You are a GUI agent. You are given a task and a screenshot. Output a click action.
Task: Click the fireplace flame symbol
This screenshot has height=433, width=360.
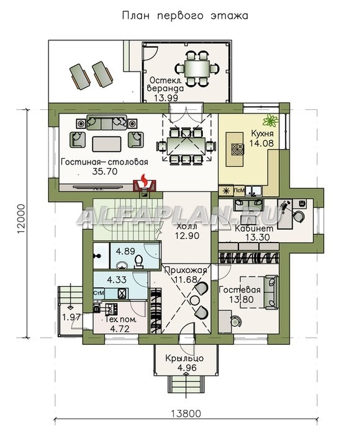coord(143,179)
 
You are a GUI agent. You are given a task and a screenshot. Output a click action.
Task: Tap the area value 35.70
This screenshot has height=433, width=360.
coord(105,171)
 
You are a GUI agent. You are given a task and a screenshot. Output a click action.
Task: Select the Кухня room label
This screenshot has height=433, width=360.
coord(262,133)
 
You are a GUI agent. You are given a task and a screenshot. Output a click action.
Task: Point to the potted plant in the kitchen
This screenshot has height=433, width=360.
coord(271,120)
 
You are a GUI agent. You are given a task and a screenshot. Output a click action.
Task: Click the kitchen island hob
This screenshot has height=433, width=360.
coord(237,150)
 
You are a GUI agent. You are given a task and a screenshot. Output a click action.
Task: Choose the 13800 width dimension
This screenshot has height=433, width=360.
coord(186,414)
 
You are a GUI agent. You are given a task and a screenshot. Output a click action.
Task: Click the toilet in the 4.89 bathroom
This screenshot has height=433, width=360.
coord(138,262)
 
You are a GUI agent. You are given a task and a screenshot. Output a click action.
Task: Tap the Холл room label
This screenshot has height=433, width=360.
coord(187,226)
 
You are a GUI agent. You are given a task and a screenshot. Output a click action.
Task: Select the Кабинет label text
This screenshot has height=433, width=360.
coord(254,228)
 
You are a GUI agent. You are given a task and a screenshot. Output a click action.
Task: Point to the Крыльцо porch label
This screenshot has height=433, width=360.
coord(184,359)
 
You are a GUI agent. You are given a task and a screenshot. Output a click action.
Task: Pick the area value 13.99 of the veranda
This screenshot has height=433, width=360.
coord(166,97)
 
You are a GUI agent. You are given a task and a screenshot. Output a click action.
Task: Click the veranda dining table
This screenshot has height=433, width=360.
coord(197,68)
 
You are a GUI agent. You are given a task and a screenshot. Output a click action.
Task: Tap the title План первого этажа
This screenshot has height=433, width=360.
coord(185,16)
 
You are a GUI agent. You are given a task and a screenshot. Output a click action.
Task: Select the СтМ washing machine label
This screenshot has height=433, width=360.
coord(99,293)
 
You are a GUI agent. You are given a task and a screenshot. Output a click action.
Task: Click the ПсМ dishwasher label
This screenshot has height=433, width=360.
coord(239,190)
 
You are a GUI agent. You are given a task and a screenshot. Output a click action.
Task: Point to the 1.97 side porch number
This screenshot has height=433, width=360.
coord(71,317)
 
